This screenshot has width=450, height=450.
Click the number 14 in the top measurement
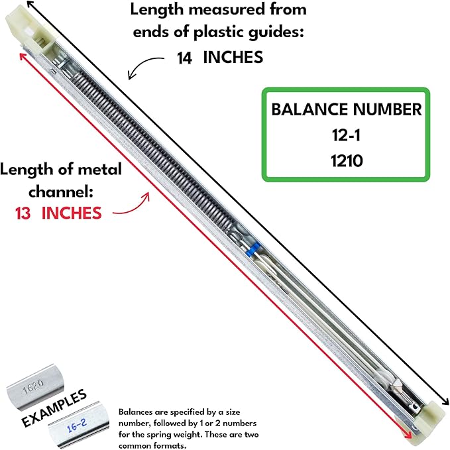185,58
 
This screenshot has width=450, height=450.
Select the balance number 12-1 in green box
346,135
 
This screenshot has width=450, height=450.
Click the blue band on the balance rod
251,251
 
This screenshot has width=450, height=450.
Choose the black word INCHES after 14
232,58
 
